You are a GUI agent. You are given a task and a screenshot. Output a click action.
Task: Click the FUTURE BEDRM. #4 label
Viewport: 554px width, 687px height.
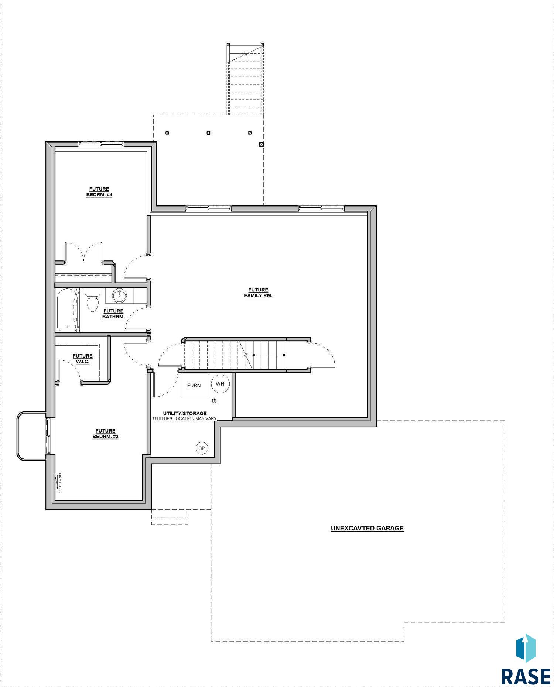99,192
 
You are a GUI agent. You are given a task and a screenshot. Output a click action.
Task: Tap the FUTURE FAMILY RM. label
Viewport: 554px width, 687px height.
258,293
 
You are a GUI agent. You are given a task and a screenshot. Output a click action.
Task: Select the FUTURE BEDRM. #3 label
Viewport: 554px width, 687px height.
105,434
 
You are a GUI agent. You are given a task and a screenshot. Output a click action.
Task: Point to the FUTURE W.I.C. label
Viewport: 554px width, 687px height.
83,359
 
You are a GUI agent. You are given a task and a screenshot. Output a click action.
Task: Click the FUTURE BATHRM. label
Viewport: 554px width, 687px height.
113,314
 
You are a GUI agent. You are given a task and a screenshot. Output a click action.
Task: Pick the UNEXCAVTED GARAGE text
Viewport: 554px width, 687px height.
367,528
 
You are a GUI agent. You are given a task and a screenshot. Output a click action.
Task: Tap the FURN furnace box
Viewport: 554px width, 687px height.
194,385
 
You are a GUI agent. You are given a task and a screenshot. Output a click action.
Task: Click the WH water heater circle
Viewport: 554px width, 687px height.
220,384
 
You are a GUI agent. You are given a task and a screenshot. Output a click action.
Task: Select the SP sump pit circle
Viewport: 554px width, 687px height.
202,448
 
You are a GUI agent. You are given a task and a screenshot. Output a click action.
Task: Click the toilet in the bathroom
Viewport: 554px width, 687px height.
92,299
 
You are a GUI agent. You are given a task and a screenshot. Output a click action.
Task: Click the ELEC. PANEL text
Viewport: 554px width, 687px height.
60,482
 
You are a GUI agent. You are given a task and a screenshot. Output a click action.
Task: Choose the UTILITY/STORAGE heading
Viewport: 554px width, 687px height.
185,413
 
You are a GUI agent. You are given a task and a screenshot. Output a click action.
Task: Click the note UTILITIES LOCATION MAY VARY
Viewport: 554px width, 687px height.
185,418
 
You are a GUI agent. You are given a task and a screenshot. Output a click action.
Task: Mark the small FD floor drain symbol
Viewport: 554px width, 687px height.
214,400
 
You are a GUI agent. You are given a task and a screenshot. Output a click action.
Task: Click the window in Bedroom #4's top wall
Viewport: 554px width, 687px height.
101,144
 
